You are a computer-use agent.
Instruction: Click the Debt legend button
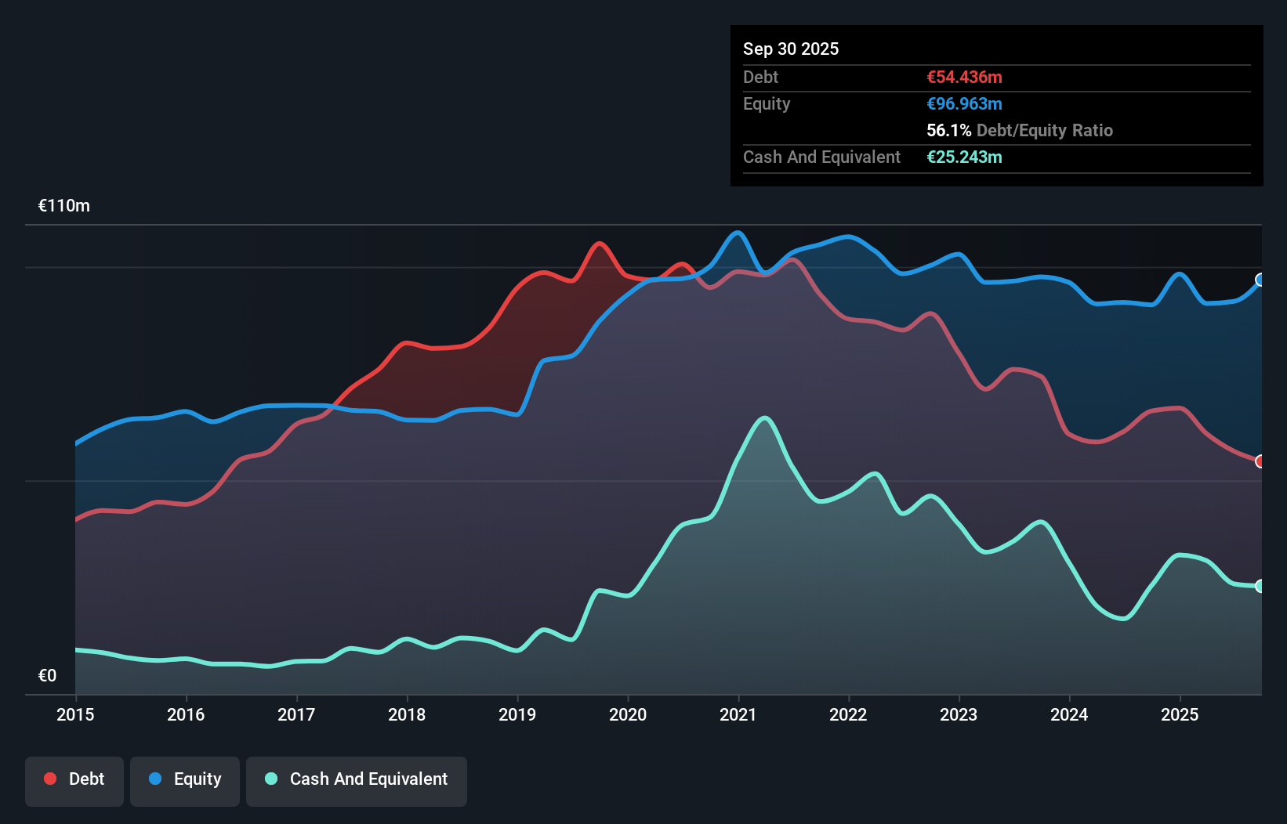(x=74, y=779)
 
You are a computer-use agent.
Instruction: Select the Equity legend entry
(x=185, y=779)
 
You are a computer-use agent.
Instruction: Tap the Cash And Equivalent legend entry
(x=357, y=779)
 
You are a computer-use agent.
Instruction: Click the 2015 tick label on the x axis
(x=75, y=714)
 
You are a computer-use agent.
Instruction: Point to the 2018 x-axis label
(x=407, y=714)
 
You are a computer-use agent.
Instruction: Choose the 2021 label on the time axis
(x=738, y=714)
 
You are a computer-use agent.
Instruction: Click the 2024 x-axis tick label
(x=1069, y=714)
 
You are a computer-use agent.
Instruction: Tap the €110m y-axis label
(x=64, y=206)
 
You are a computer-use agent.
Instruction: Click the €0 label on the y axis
(x=47, y=675)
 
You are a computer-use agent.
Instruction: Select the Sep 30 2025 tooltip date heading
(x=791, y=49)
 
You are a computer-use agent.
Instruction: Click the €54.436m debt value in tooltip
(x=964, y=77)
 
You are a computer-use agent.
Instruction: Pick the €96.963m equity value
(x=964, y=103)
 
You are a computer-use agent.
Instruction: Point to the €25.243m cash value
(x=964, y=157)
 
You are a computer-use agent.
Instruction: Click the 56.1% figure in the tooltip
(x=948, y=130)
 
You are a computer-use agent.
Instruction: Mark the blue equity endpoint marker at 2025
(x=1260, y=280)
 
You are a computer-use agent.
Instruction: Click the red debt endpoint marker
(x=1260, y=461)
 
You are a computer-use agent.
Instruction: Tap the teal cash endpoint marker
(x=1260, y=586)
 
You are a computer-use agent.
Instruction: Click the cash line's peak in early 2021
(x=765, y=418)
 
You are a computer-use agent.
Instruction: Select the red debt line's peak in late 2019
(x=600, y=244)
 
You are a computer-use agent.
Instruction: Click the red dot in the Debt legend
(x=50, y=779)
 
